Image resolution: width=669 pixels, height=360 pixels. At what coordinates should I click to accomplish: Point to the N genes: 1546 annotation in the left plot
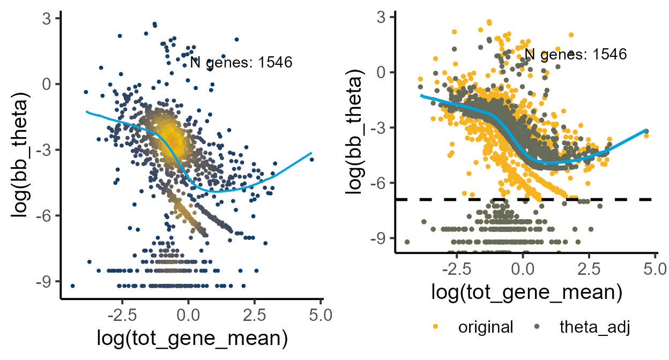pos(241,62)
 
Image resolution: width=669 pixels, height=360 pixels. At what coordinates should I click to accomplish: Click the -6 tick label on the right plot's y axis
pos(383,183)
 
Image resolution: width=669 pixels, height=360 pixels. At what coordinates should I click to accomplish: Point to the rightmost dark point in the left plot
pos(311,160)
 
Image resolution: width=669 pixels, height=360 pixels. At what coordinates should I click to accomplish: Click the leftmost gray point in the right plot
pos(407,242)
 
